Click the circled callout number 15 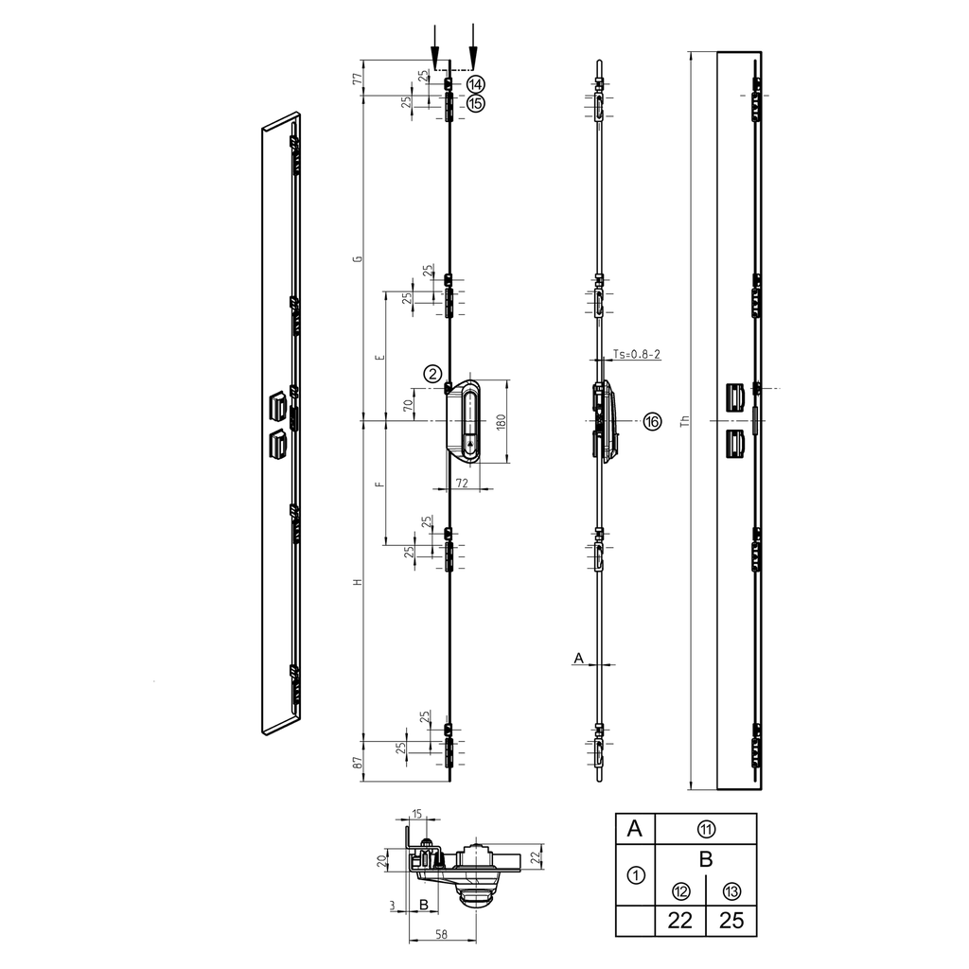click(x=475, y=102)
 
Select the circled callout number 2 click(x=432, y=373)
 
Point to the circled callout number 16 click(x=652, y=421)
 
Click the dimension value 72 click(x=463, y=483)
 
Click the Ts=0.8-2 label click(x=636, y=354)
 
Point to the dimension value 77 click(x=358, y=78)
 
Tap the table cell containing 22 click(x=680, y=920)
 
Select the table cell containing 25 click(x=731, y=920)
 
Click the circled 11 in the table click(x=706, y=829)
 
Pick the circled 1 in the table click(x=636, y=874)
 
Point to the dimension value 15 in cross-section click(x=418, y=814)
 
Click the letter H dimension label click(x=358, y=583)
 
